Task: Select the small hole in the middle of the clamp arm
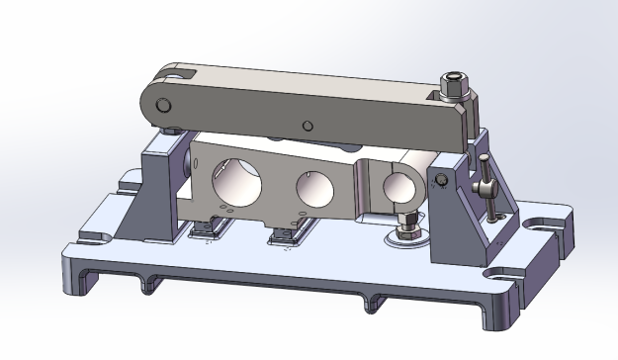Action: pos(308,126)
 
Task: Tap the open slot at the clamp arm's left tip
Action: pos(178,74)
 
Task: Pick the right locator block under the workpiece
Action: pos(288,233)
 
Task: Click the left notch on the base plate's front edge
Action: pos(149,286)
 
